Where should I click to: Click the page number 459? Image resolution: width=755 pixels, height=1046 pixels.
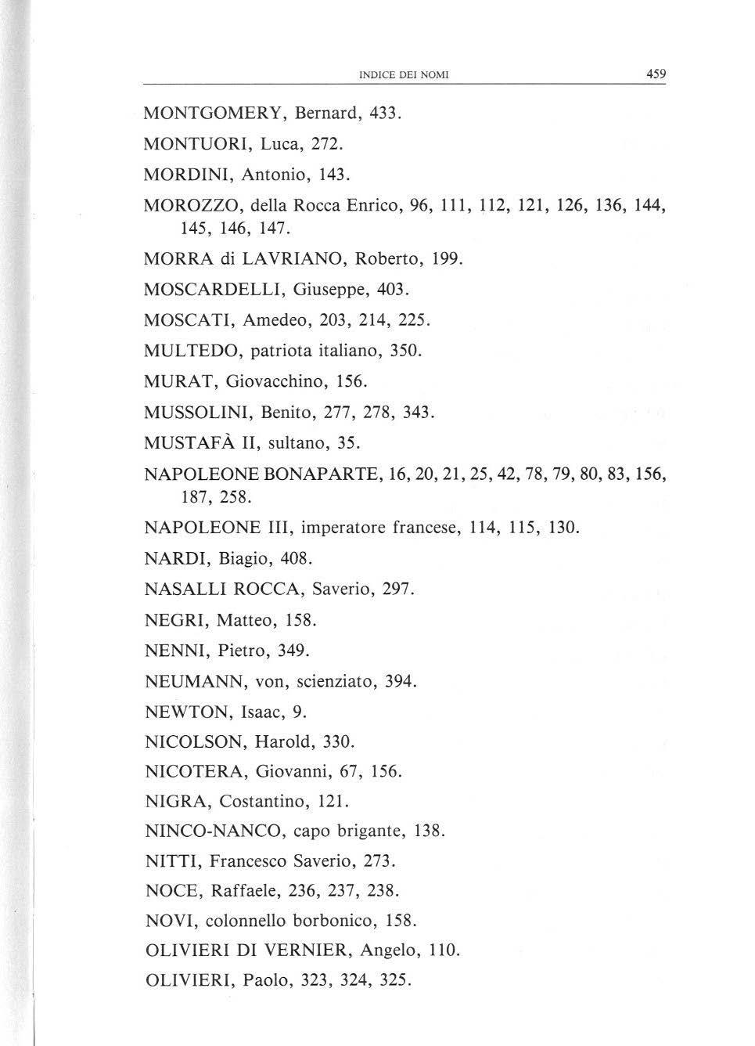[655, 74]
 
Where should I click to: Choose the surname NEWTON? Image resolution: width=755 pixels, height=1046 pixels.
[188, 712]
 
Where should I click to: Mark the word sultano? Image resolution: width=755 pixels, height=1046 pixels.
[293, 443]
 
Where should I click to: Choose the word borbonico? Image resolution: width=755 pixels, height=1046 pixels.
[334, 921]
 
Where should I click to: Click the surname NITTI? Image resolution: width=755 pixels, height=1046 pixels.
[173, 861]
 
